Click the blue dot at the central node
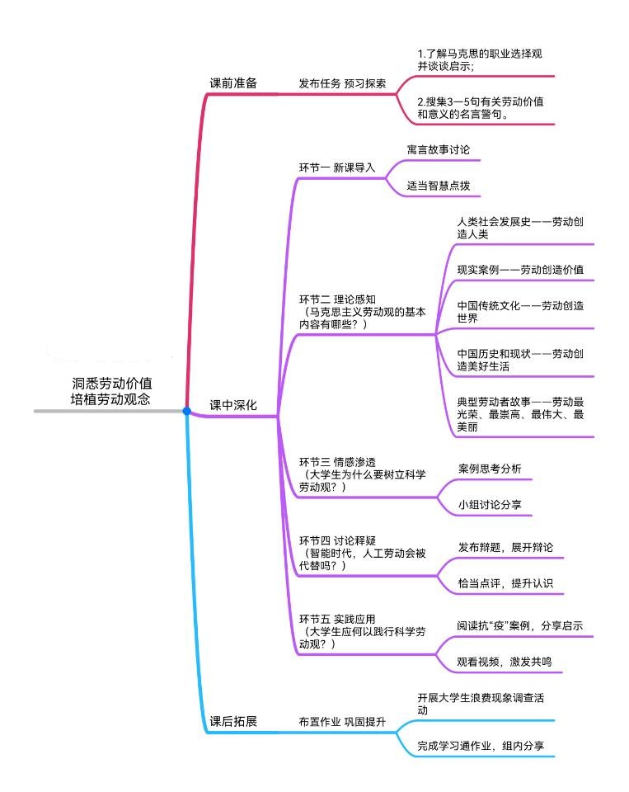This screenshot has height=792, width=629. [187, 410]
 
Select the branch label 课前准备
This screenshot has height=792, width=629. [233, 83]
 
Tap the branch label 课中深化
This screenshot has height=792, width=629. [233, 405]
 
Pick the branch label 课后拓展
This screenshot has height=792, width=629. [233, 721]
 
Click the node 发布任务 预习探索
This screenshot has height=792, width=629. [341, 83]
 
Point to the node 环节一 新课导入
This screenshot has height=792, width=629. [336, 167]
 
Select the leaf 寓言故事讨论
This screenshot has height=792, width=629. [439, 150]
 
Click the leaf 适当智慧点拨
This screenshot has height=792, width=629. [439, 186]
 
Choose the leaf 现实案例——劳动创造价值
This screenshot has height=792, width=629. [521, 270]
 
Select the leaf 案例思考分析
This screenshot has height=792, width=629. [490, 469]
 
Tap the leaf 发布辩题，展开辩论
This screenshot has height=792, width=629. [505, 548]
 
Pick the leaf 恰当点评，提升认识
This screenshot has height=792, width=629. [505, 583]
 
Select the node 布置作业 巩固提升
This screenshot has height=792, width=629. [341, 721]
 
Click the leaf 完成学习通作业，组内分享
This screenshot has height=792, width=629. [480, 746]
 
